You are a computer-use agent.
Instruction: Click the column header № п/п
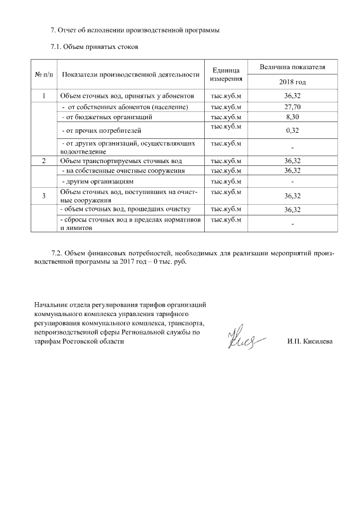(44, 74)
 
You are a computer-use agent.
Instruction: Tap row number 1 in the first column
(44, 96)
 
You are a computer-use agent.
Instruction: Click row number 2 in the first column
(44, 161)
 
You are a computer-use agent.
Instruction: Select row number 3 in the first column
(44, 196)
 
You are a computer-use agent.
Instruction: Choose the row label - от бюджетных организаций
(107, 117)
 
